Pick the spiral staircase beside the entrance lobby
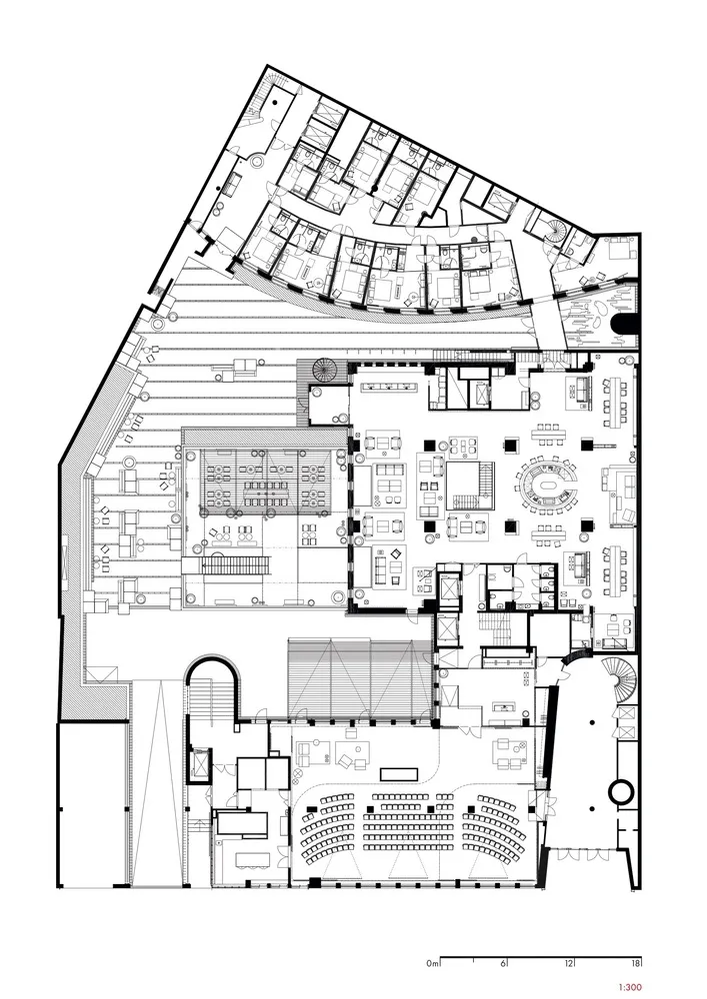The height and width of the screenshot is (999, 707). point(619,678)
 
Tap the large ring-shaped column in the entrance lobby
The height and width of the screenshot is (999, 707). point(620,791)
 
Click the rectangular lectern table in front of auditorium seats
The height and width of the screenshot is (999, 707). point(398,773)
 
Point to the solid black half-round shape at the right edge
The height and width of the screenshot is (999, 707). point(623,324)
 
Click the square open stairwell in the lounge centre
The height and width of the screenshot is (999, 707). point(469,486)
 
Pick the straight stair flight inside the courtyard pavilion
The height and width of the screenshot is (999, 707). point(236,565)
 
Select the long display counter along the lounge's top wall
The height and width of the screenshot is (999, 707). point(388,386)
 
